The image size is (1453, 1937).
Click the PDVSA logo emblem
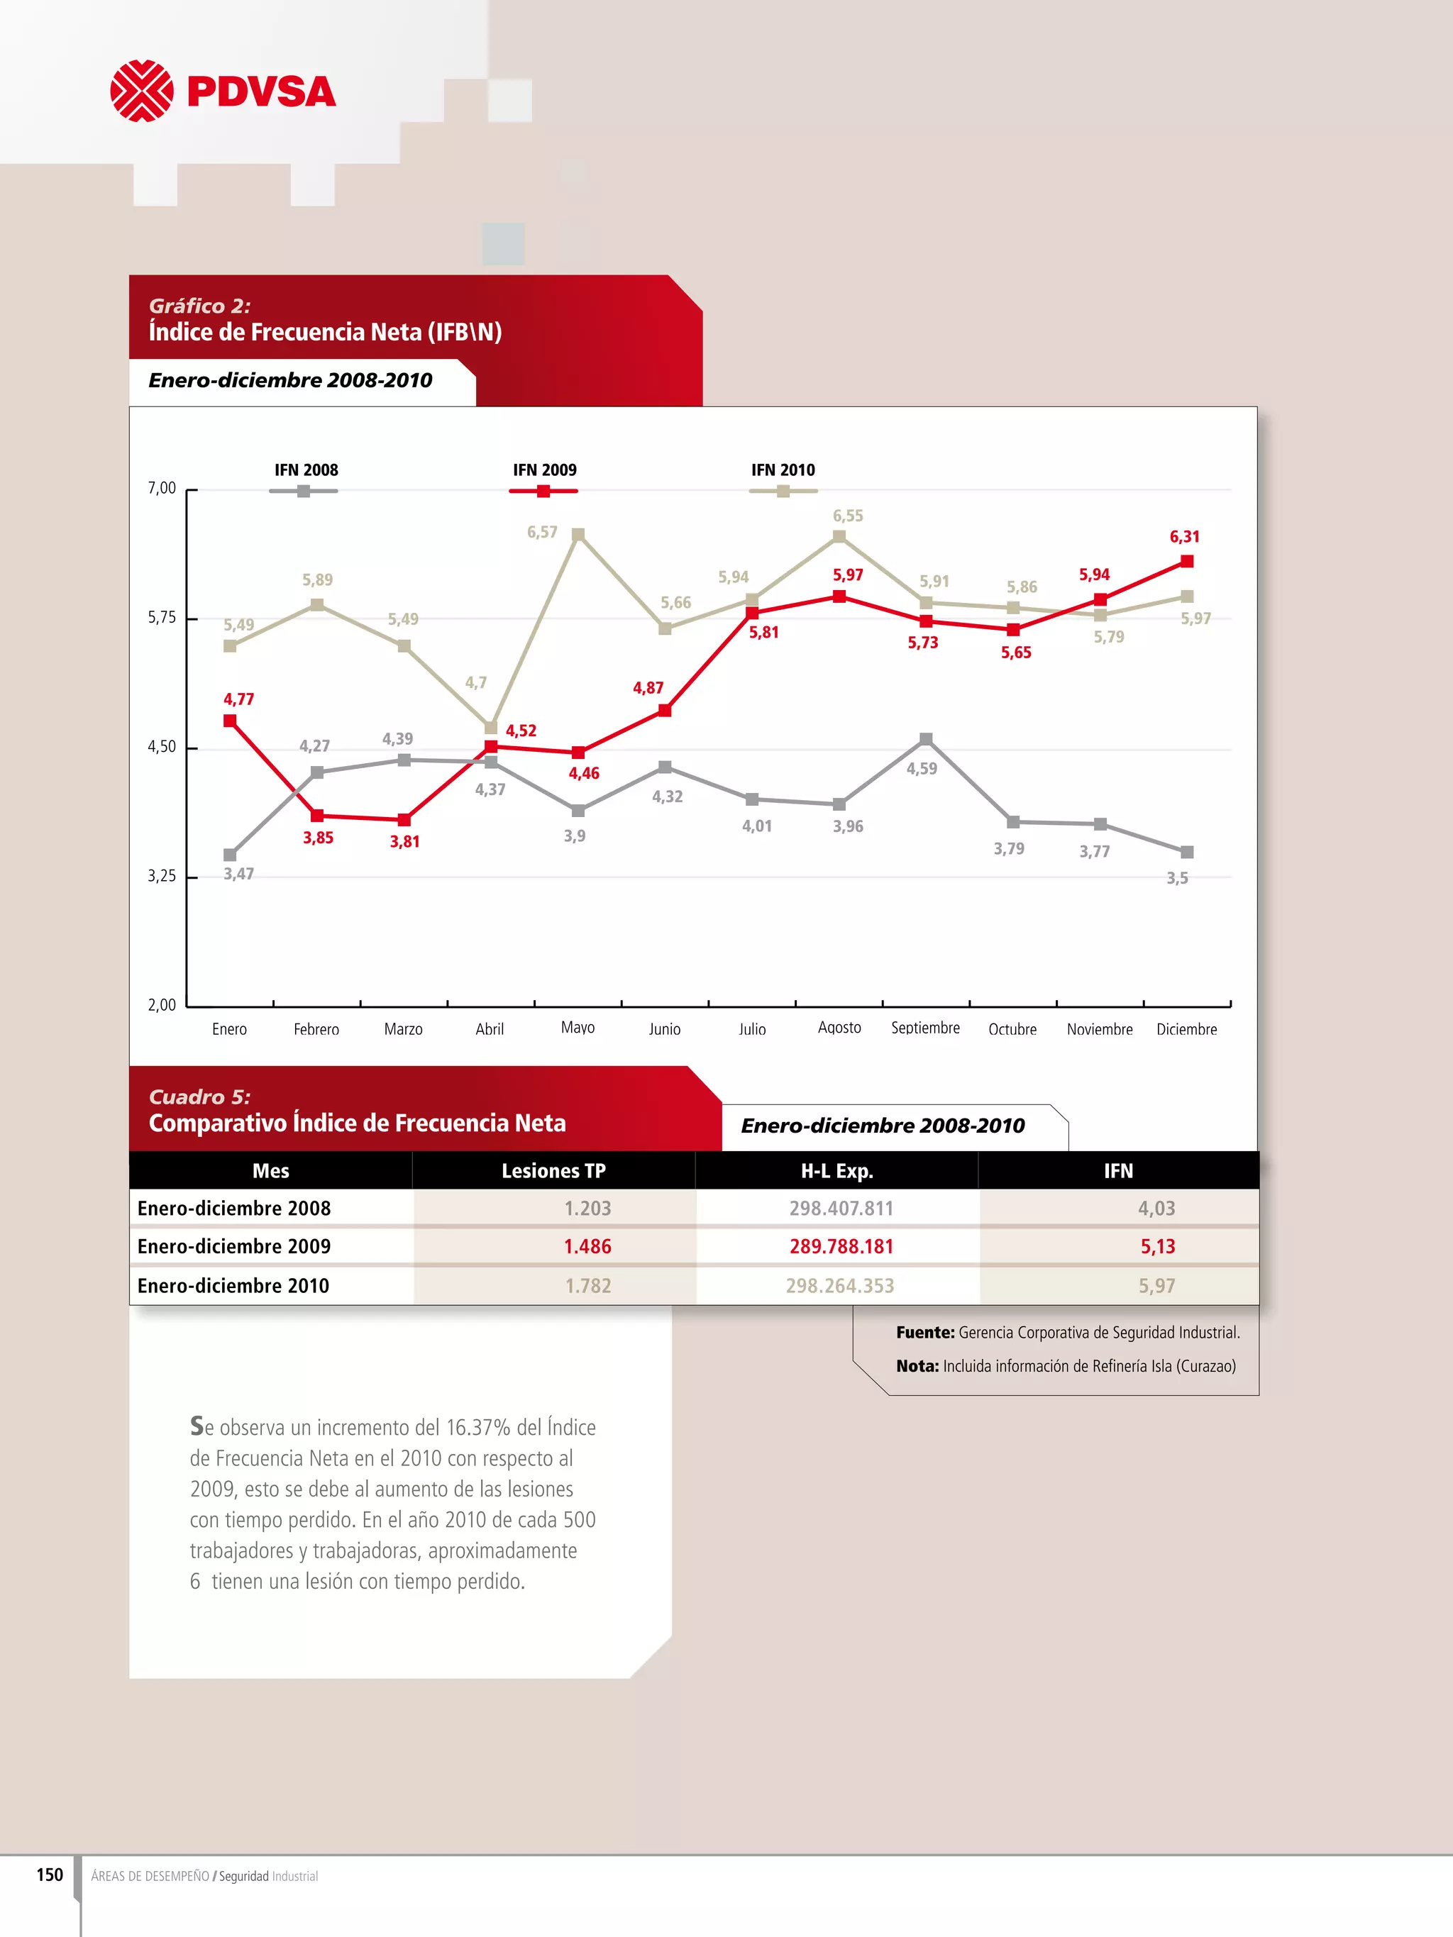point(141,91)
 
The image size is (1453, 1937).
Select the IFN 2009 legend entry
point(544,480)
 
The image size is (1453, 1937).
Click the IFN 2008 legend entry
point(305,480)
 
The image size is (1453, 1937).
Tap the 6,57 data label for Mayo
point(541,533)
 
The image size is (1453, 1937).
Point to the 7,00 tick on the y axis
point(162,489)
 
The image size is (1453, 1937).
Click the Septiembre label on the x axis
point(925,1028)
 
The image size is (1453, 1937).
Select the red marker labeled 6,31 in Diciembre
point(1187,561)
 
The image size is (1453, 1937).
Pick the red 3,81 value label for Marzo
point(404,841)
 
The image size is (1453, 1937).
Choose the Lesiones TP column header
point(553,1171)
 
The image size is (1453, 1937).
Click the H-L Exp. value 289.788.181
point(841,1246)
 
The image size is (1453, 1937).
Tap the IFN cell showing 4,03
point(1156,1209)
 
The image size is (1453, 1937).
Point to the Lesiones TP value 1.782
point(587,1285)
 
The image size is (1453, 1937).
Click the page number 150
point(49,1875)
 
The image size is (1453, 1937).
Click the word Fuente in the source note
point(924,1333)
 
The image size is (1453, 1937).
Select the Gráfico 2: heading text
point(199,306)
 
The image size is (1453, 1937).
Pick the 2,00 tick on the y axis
point(162,1005)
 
